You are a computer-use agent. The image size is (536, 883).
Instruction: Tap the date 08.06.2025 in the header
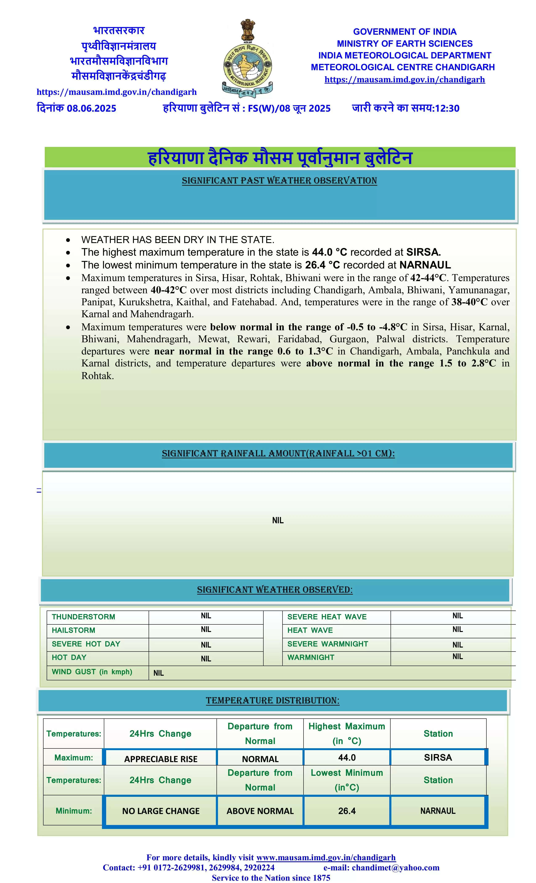91,108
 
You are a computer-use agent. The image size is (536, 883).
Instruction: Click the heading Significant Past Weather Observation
279,181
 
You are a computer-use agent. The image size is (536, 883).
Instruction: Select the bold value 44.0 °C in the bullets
329,252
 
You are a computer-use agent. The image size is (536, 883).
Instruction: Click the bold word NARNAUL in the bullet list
425,265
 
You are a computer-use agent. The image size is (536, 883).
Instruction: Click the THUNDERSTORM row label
83,617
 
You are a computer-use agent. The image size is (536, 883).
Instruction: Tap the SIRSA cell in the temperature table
438,757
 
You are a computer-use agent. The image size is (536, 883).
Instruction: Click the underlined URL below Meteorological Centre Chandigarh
404,79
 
